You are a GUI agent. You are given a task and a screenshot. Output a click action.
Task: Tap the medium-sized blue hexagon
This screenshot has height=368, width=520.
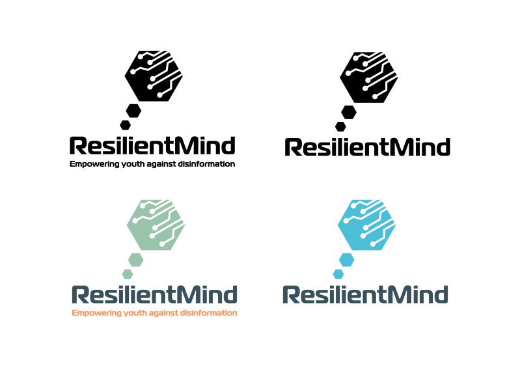(x=346, y=259)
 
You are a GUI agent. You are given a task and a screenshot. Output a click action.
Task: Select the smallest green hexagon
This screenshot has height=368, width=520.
(x=128, y=274)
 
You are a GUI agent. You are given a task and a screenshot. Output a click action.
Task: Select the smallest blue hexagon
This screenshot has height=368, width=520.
(x=338, y=274)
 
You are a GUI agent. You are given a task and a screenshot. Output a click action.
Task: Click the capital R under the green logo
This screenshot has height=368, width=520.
(x=79, y=295)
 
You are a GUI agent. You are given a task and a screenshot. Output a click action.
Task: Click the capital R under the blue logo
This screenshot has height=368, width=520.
(x=290, y=295)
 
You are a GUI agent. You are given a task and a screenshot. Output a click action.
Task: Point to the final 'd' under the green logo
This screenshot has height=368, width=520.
(x=230, y=295)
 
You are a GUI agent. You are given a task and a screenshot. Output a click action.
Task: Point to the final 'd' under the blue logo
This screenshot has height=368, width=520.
(x=441, y=295)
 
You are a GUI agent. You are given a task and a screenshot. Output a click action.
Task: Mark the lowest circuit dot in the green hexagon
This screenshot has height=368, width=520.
(x=162, y=244)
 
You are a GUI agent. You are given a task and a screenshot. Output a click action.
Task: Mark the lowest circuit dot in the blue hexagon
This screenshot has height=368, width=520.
(x=373, y=244)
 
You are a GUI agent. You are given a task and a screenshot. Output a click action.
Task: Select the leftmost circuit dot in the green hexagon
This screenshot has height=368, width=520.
(x=135, y=221)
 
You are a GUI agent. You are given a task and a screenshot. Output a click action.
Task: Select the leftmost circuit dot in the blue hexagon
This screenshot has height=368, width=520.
(x=346, y=221)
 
